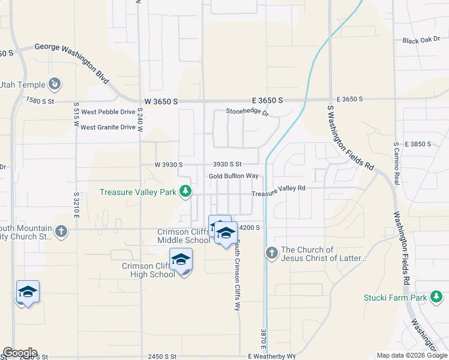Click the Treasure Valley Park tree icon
pos(186,191)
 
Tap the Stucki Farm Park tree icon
pos(438,297)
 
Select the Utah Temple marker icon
pos(55,85)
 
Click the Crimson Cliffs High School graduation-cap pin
pos(181,260)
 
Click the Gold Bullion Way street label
pos(234,176)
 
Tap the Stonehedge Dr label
pos(247,111)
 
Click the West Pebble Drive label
pos(109,112)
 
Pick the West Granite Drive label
pos(108,127)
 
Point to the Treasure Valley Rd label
pos(279,188)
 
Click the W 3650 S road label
pos(161,101)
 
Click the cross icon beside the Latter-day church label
pos(271,253)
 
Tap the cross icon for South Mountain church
pos(61,231)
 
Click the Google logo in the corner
pos(19,353)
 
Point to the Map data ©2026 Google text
pos(412,356)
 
